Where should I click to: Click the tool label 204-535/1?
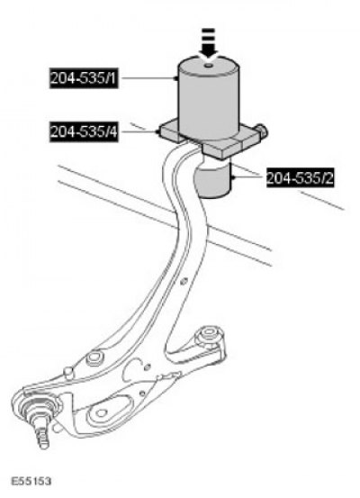point(84,77)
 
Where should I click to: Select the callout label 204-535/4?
point(84,131)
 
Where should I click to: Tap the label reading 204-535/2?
point(300,178)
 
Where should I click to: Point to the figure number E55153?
point(31,481)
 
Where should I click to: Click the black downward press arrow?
point(208,43)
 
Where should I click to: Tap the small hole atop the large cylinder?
point(208,66)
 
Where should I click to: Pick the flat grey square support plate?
point(211,139)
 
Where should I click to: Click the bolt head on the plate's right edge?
point(262,130)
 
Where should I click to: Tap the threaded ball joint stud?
point(42,432)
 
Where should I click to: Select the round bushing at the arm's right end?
point(209,334)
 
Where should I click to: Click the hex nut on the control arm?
point(94,358)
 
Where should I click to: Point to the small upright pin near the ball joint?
point(67,371)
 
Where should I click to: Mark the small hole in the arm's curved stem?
point(184,281)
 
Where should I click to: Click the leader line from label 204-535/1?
point(148,77)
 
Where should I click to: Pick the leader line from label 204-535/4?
point(139,131)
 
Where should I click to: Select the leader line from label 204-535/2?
point(249,178)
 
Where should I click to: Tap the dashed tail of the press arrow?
point(208,37)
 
